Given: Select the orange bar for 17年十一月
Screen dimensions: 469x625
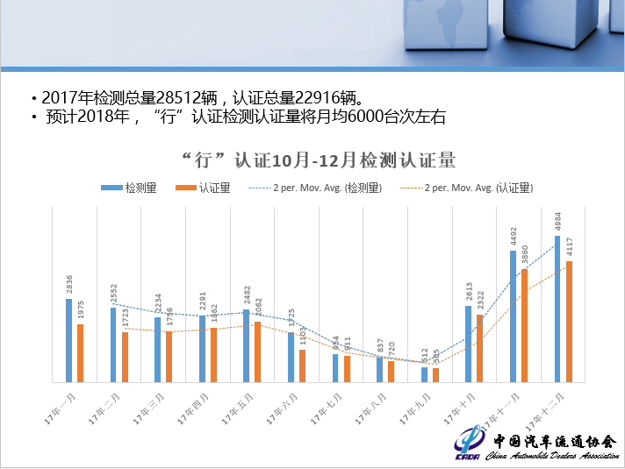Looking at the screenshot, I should (524, 325).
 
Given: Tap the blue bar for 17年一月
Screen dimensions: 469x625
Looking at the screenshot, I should (68, 340).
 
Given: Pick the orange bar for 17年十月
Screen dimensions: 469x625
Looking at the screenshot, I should (479, 348).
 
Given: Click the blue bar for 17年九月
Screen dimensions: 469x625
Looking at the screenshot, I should (424, 374).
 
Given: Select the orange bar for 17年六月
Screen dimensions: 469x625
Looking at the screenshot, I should (302, 366).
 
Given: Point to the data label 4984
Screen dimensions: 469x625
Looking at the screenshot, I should (558, 221).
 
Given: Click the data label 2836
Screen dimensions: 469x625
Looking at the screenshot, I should (69, 284).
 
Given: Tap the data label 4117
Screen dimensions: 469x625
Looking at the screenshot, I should (570, 246).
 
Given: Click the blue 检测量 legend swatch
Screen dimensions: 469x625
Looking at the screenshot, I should (111, 188).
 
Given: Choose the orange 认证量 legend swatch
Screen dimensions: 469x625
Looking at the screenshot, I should (185, 188).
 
